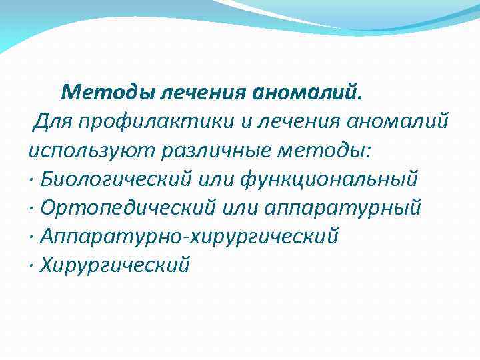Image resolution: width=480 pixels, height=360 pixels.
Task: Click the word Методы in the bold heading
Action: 107,91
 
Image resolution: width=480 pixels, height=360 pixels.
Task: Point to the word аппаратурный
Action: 343,208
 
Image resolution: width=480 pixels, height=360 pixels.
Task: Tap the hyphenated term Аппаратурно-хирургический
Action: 190,237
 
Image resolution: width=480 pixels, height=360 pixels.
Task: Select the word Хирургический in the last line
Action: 115,265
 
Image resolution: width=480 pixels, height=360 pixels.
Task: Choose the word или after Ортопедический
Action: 240,208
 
